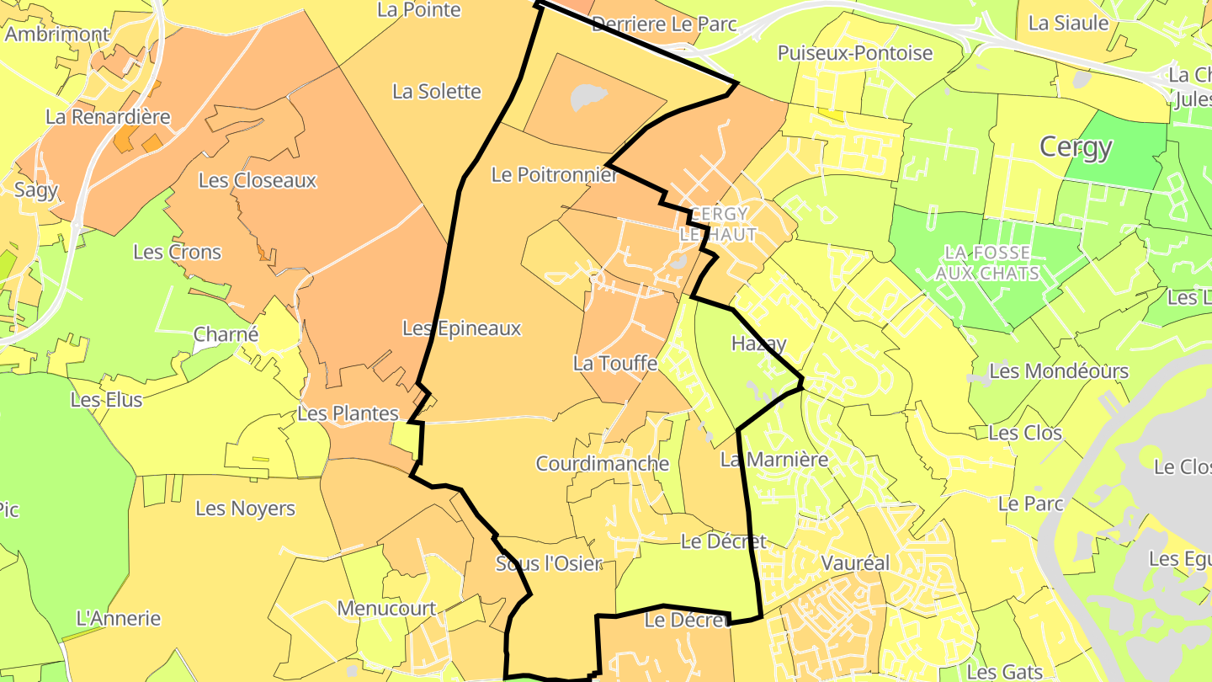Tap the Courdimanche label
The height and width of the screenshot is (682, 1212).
tap(602, 463)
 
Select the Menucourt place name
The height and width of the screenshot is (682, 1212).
tap(386, 608)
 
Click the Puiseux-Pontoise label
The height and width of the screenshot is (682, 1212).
tap(854, 53)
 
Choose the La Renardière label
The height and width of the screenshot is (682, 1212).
tap(108, 117)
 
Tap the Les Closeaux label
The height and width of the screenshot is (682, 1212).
tap(258, 180)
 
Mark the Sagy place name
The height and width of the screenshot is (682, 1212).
tap(36, 189)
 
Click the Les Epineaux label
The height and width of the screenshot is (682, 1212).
tap(462, 328)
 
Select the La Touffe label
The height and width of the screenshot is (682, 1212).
tap(614, 364)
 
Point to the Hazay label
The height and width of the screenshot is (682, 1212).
tap(758, 344)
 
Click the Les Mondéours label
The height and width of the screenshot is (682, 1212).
tap(1059, 371)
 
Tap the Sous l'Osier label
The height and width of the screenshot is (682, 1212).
tap(549, 563)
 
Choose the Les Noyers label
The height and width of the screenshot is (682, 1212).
tap(245, 509)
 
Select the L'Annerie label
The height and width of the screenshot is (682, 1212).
tap(118, 618)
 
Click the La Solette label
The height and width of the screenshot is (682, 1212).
tap(437, 91)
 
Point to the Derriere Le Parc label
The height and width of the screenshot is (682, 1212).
tap(664, 24)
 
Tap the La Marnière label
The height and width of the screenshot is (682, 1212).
tap(763, 460)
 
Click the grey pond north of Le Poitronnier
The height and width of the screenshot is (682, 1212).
tap(588, 97)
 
